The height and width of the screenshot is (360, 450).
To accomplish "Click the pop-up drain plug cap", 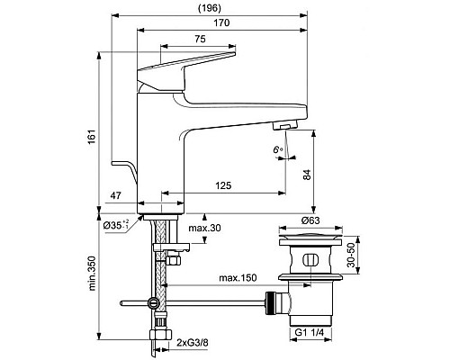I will tap(309, 240).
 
